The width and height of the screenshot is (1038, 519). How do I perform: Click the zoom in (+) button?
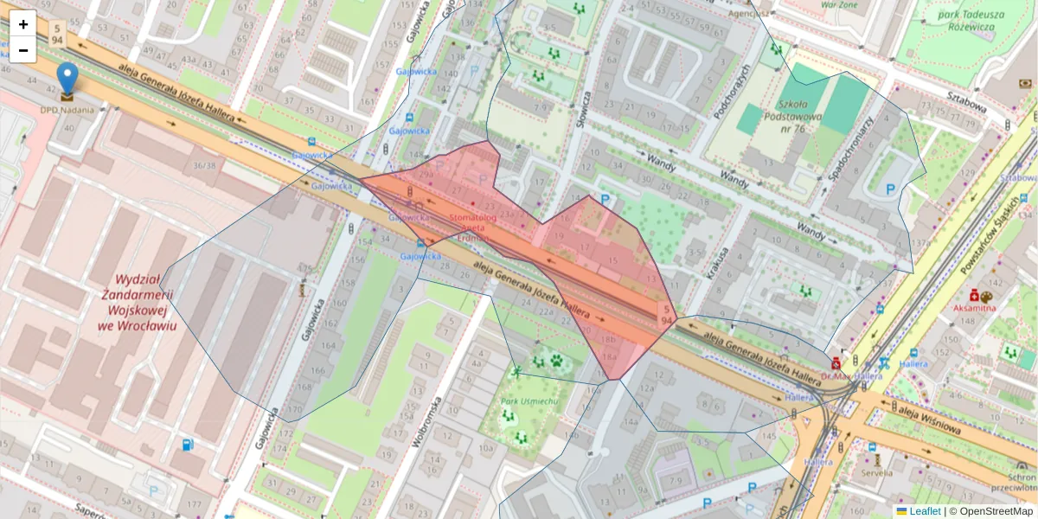coord(23,24)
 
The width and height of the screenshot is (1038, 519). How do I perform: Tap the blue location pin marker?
coord(67,78)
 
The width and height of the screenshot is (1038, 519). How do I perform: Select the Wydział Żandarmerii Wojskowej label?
coord(138,303)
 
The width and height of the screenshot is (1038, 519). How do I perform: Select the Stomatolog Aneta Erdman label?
coord(472,227)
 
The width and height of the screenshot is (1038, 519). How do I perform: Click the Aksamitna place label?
coord(974,308)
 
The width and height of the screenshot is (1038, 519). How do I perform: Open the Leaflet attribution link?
coord(924,511)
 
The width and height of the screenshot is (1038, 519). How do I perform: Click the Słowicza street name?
coord(583,109)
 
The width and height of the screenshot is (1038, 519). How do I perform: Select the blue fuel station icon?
coord(188,445)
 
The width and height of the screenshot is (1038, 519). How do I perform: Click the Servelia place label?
coord(876,472)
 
